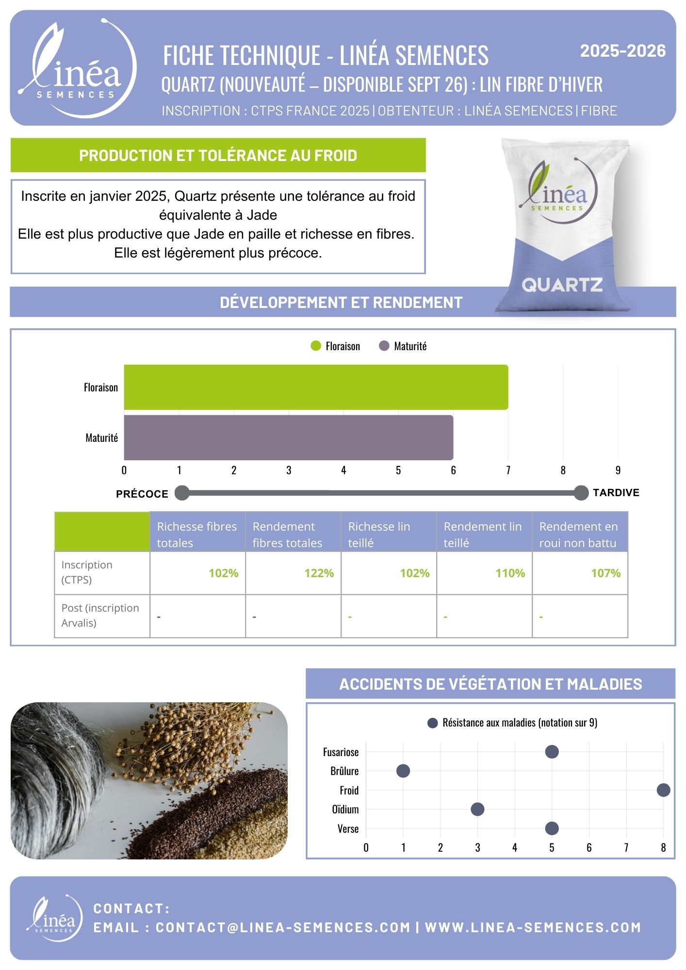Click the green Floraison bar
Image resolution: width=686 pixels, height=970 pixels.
click(x=316, y=387)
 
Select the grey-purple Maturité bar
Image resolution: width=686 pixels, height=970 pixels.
click(x=289, y=437)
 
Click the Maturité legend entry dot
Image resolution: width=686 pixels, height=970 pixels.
click(x=384, y=346)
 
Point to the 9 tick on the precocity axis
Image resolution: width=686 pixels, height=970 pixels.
click(x=618, y=470)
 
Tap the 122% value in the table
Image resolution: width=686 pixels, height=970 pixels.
click(x=319, y=573)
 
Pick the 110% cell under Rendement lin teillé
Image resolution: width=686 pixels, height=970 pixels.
click(x=510, y=573)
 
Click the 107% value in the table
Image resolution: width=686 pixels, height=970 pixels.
click(x=606, y=573)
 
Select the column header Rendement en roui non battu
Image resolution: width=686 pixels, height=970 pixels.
click(x=578, y=534)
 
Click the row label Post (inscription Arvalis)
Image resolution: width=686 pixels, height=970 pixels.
click(x=100, y=615)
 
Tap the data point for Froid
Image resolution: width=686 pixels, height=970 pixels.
click(x=663, y=790)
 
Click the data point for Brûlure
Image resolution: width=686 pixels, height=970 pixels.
click(x=403, y=771)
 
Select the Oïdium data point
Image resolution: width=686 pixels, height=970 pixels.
click(x=477, y=809)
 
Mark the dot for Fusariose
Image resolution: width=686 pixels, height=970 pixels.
click(x=552, y=752)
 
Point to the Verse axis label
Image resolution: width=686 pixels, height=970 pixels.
click(x=348, y=828)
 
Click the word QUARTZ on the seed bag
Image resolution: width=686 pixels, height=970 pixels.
click(x=562, y=285)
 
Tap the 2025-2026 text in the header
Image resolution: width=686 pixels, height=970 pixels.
click(x=623, y=51)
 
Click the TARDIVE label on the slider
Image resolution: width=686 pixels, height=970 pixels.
click(x=616, y=493)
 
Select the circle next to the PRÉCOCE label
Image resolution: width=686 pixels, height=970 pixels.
click(x=182, y=493)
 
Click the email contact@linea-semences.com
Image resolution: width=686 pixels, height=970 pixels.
click(x=283, y=927)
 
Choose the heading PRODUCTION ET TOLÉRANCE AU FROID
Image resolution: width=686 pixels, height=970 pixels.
click(x=218, y=155)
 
